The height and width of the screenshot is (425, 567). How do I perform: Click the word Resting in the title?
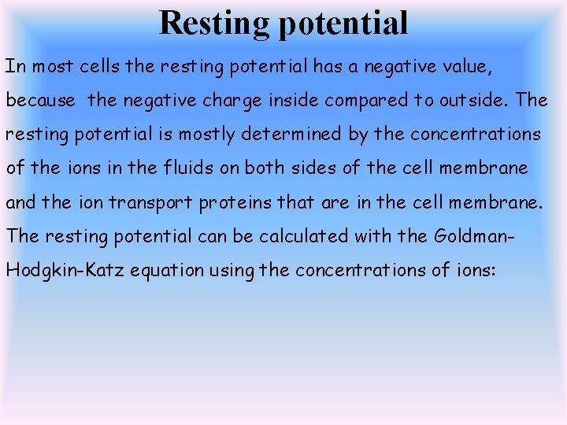214,23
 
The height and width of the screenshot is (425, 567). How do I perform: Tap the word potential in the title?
343,24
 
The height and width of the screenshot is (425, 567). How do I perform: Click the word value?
466,67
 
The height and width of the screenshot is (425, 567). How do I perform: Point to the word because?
41,101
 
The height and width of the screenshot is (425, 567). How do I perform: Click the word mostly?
207,135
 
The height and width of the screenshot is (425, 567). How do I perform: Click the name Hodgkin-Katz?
65,270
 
